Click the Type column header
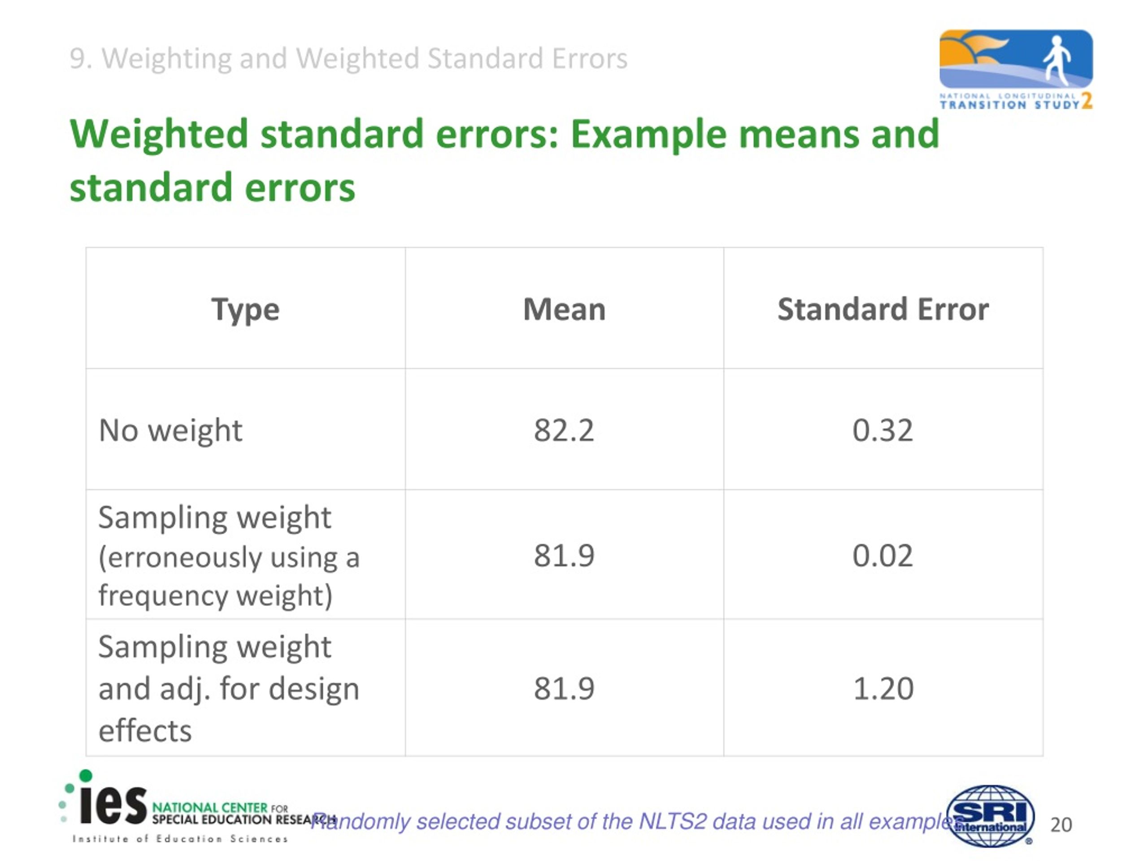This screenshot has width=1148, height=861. pyautogui.click(x=245, y=310)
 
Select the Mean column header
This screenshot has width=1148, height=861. pyautogui.click(x=564, y=310)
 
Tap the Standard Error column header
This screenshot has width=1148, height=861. pyautogui.click(x=883, y=310)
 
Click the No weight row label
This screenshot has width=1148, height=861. pyautogui.click(x=170, y=430)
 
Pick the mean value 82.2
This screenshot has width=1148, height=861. pyautogui.click(x=564, y=430)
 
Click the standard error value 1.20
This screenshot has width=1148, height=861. pyautogui.click(x=883, y=689)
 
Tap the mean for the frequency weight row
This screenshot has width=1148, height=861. pyautogui.click(x=564, y=556)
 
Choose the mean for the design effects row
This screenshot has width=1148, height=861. pyautogui.click(x=564, y=689)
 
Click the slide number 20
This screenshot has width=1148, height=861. pyautogui.click(x=1061, y=825)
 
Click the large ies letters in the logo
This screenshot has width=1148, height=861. pyautogui.click(x=113, y=806)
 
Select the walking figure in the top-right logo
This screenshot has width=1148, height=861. pyautogui.click(x=1056, y=60)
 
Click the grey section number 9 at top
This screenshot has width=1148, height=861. pyautogui.click(x=77, y=58)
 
